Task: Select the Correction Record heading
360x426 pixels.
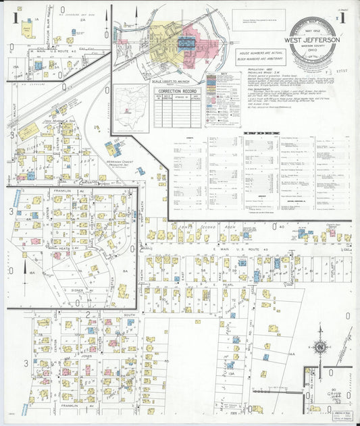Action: coord(177,90)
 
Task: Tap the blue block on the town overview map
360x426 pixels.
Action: coord(186,43)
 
